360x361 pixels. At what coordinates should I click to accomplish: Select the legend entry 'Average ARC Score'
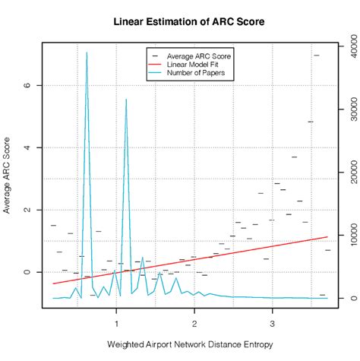point(199,56)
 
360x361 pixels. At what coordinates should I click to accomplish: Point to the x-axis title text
point(188,345)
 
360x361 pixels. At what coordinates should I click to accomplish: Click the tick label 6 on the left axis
point(28,85)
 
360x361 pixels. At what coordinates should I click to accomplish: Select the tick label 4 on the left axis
point(28,147)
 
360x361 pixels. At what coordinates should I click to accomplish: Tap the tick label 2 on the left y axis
point(28,210)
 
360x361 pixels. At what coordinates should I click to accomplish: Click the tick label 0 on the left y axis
point(28,272)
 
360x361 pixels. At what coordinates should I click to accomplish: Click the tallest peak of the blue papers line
point(87,53)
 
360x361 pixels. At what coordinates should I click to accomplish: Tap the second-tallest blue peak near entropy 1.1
point(126,100)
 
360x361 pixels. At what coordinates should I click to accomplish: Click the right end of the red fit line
point(327,237)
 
